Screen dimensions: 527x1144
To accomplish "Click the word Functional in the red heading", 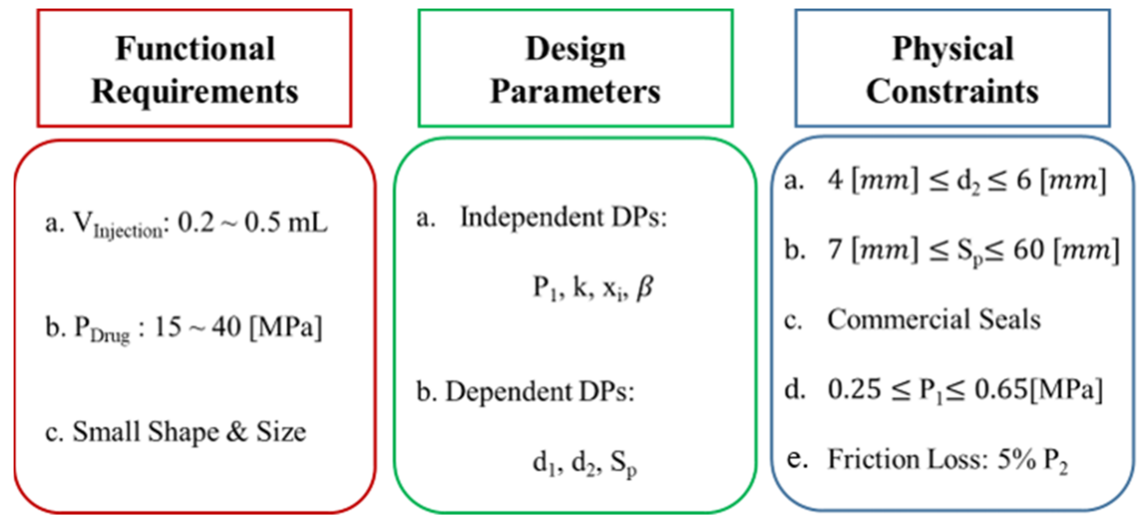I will coord(195,48).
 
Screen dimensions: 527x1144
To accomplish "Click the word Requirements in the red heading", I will coord(195,92).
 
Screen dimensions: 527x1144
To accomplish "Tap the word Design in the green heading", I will coord(576,48).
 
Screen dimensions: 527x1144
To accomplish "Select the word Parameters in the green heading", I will coord(576,92).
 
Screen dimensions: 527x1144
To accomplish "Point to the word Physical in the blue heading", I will coord(953,48).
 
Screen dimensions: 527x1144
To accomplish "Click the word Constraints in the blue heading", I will coord(953,92).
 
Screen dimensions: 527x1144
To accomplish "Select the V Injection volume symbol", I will coord(117,225).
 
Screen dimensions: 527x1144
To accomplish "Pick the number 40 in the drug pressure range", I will coord(226,327).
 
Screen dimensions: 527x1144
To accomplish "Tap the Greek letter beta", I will coord(644,287).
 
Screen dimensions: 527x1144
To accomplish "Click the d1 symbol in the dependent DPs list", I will coord(545,463).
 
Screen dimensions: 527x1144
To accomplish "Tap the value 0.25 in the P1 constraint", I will coord(854,390).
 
